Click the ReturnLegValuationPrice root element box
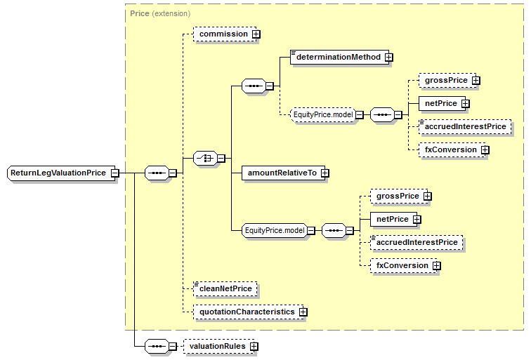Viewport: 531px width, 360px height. tap(58, 173)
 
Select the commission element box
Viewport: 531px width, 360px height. tap(223, 34)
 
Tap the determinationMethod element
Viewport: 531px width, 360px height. tap(338, 57)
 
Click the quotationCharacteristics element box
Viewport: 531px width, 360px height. tap(247, 312)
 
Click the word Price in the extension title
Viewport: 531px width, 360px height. tap(139, 13)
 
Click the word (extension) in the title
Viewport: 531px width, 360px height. tap(171, 13)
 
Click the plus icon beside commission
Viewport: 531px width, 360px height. tap(256, 34)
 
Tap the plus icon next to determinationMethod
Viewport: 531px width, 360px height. tap(388, 57)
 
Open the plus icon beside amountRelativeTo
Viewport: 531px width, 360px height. tap(324, 173)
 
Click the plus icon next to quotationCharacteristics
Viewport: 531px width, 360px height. tap(303, 312)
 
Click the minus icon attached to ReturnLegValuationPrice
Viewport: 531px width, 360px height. tap(114, 173)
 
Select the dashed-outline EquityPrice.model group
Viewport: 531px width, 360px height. tap(323, 114)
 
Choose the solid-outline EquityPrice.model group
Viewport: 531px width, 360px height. tap(274, 229)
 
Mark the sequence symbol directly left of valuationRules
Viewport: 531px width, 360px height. tap(156, 346)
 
